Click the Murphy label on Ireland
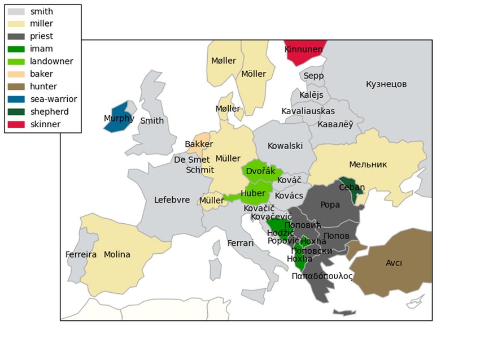[119, 119]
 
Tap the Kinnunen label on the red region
[304, 50]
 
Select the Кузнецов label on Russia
[386, 84]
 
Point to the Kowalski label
[285, 146]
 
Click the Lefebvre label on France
[172, 200]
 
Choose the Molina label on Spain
[117, 255]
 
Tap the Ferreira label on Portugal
[81, 255]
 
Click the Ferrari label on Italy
[241, 243]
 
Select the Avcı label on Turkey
[394, 263]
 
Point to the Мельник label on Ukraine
[368, 164]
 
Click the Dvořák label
[261, 171]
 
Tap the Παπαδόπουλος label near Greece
[322, 276]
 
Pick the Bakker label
[199, 145]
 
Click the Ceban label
[352, 188]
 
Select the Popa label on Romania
[330, 205]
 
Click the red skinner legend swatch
[16, 124]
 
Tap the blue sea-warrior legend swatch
[16, 99]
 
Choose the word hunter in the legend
[43, 86]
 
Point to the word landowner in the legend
[51, 62]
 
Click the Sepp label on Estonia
[313, 76]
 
